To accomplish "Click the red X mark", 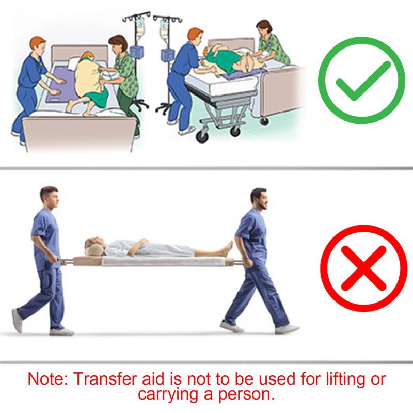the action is click(x=363, y=268).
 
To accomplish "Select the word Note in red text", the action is click(x=47, y=379).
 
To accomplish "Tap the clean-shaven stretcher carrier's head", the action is click(x=49, y=197).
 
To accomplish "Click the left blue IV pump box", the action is click(x=137, y=52).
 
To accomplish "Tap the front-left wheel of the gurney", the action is click(x=202, y=137).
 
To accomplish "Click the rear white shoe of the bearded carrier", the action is click(x=231, y=326).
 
